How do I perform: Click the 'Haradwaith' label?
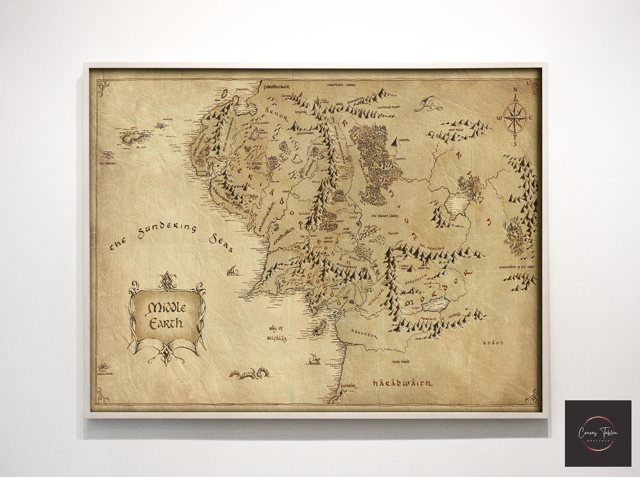402,383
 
